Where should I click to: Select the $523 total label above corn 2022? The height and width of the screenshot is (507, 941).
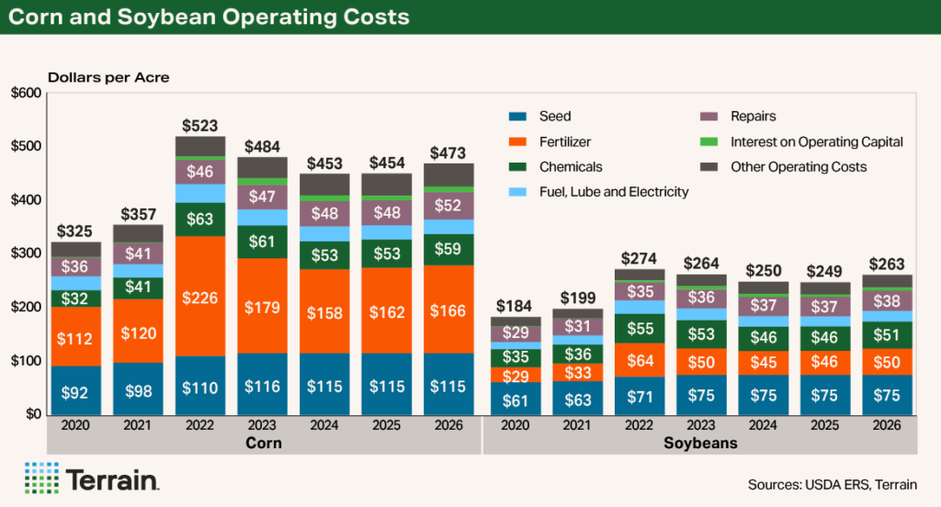199,125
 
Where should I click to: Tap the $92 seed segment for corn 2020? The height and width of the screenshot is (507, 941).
75,392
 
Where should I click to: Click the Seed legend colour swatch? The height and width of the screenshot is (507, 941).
518,117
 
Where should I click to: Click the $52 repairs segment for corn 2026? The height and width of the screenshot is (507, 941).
448,206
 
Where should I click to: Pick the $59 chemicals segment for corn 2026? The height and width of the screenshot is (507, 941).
448,248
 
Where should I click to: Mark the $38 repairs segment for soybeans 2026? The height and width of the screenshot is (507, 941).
888,300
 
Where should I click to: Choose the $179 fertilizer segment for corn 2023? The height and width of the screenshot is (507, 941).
262,306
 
